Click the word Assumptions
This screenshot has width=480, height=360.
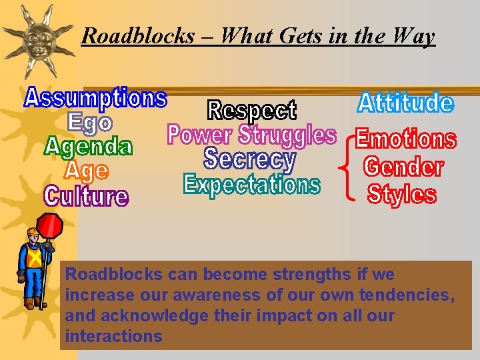tap(95, 98)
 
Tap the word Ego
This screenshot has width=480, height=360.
tap(90, 122)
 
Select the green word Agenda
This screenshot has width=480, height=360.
tap(89, 146)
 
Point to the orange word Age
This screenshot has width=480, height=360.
tap(86, 171)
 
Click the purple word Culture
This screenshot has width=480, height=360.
tap(86, 196)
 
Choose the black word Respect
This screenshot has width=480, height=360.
tap(252, 111)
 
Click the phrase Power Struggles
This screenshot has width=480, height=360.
tap(251, 135)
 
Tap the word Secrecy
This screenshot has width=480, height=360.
tap(249, 159)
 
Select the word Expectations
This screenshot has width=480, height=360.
tap(251, 184)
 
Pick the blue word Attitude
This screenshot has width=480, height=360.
tap(405, 103)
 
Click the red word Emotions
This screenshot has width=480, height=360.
tap(405, 139)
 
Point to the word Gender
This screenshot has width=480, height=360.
tap(403, 166)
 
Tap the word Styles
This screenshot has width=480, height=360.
tap(402, 194)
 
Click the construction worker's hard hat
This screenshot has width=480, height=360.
tap(33, 233)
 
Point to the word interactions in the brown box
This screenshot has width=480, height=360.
tap(113, 336)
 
